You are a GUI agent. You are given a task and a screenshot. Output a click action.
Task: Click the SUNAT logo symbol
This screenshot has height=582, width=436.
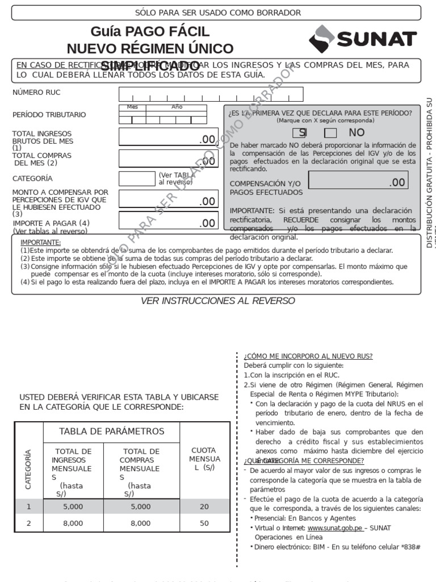(322, 39)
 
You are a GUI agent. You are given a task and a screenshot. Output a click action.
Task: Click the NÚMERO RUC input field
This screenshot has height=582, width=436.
(211, 94)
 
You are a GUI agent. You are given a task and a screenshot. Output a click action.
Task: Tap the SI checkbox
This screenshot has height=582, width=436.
(299, 133)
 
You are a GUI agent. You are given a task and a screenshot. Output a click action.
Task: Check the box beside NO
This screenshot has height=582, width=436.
(330, 133)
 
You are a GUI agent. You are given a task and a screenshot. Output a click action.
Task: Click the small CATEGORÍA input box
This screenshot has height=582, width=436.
(136, 178)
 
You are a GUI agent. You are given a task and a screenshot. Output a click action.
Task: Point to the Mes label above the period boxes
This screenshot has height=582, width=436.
(132, 107)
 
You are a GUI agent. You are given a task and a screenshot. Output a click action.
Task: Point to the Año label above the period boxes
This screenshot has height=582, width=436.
(177, 107)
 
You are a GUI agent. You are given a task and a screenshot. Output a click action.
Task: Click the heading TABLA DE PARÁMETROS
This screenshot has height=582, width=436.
(111, 431)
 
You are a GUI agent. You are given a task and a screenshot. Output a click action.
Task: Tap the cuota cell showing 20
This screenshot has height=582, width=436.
(204, 506)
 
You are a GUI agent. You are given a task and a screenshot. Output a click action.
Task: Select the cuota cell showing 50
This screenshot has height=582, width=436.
(204, 523)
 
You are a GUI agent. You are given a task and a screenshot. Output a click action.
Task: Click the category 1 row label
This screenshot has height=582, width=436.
(29, 506)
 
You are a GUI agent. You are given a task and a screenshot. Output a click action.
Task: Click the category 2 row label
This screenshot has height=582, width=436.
(29, 523)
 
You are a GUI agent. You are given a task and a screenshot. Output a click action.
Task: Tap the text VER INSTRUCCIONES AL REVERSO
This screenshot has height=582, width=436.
(217, 301)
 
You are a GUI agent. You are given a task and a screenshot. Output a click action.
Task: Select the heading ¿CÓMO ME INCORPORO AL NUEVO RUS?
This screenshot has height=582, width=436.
(308, 356)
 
